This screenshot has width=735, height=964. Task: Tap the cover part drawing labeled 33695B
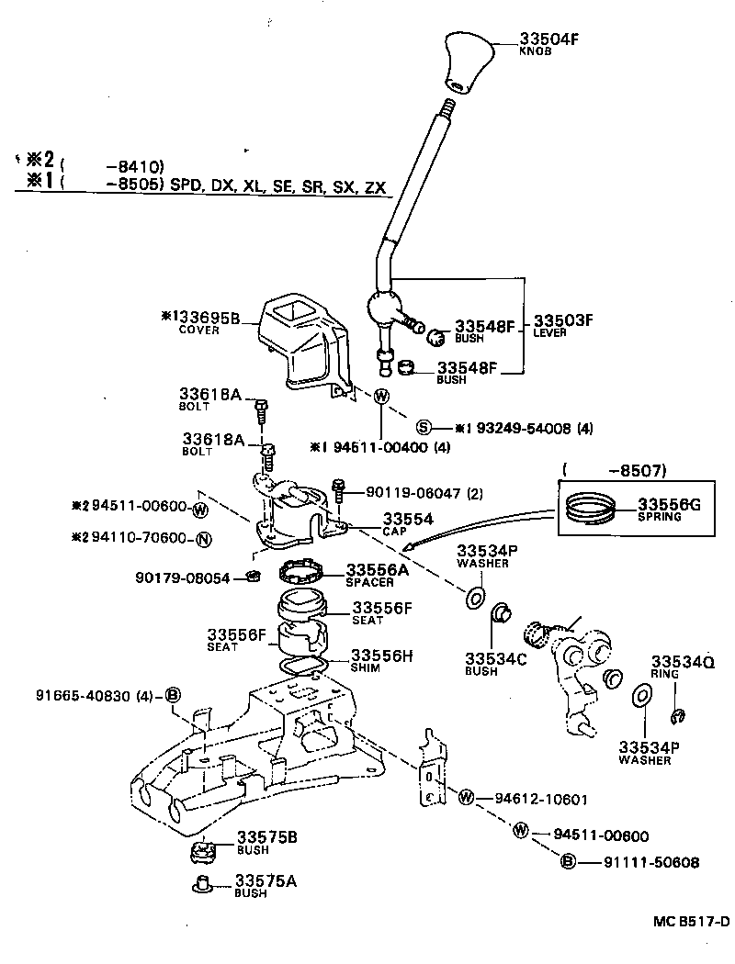coord(300,346)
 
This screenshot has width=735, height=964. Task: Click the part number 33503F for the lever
coord(563,320)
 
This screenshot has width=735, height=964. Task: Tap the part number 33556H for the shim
coord(383,656)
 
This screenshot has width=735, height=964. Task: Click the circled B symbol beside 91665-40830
coord(172,695)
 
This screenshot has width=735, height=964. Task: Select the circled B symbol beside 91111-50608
coord(567,862)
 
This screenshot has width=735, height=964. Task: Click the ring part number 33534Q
coord(683,662)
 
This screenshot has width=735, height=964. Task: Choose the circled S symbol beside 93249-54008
coord(424,427)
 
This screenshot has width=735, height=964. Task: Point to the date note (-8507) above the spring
coord(615,471)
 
